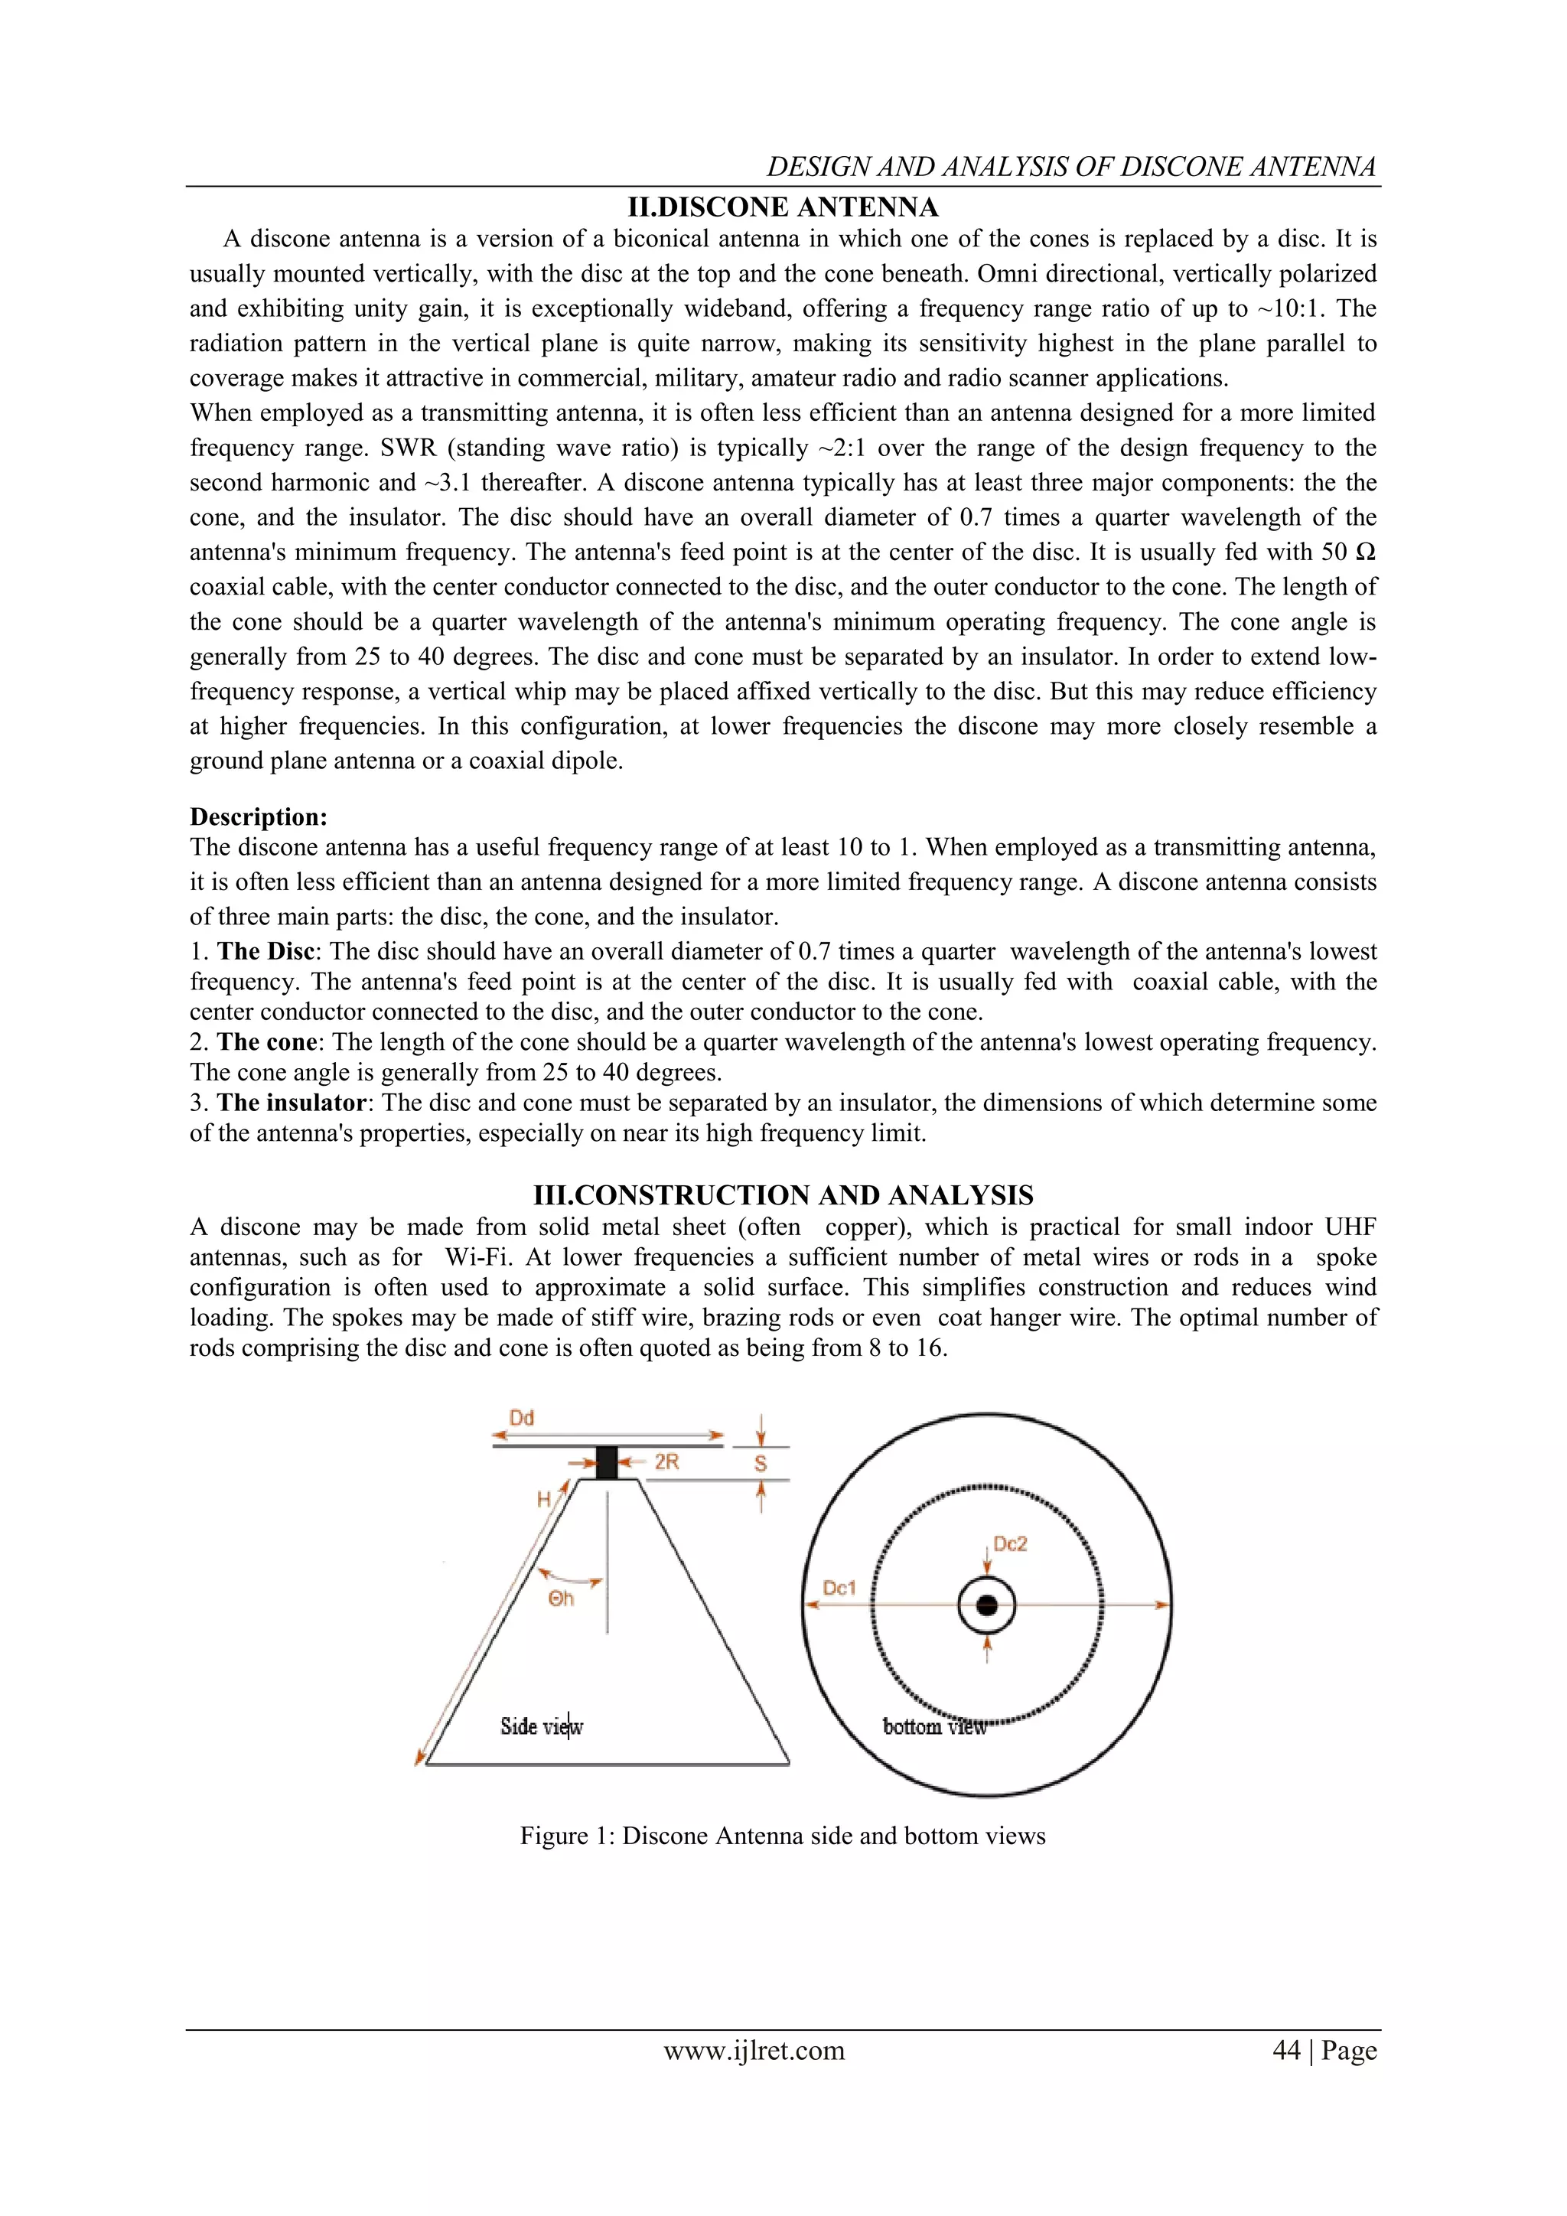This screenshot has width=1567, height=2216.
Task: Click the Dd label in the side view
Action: [x=522, y=1418]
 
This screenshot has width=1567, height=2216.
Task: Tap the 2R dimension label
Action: [x=666, y=1462]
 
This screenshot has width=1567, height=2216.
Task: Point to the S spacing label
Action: [x=761, y=1463]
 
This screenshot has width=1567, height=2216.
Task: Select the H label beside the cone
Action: [x=544, y=1500]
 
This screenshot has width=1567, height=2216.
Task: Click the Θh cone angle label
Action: [x=562, y=1598]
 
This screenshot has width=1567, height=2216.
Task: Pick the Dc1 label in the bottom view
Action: [x=839, y=1588]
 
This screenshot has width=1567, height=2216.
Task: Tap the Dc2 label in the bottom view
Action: [x=1010, y=1544]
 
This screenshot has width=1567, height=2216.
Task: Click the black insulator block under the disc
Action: [x=606, y=1462]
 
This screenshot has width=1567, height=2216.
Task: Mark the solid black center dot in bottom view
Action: [x=986, y=1605]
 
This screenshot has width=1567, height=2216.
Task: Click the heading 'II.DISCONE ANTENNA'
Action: [x=783, y=207]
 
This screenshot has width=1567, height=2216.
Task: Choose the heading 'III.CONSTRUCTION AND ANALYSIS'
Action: [x=783, y=1196]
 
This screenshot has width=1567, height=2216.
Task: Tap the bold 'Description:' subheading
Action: [x=259, y=817]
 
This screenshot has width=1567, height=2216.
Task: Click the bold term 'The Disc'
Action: [x=266, y=952]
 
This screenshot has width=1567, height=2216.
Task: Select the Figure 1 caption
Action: [x=783, y=1836]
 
